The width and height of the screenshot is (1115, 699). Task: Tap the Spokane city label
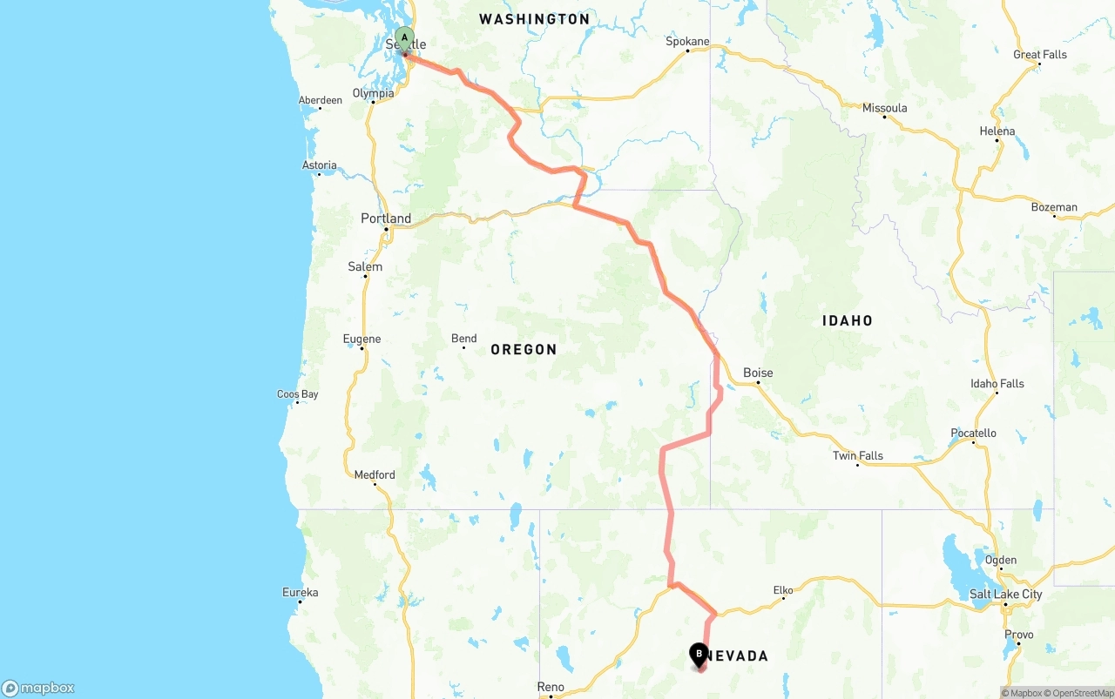687,41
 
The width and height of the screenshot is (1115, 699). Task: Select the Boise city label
758,373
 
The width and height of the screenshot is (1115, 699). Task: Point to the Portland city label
386,218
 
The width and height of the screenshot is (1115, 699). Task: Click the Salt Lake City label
1005,595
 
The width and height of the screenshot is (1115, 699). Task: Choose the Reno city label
551,687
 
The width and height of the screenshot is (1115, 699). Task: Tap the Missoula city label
884,108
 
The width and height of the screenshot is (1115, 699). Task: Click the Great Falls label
1039,54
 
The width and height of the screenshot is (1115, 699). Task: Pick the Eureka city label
300,593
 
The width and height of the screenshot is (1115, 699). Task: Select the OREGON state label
524,349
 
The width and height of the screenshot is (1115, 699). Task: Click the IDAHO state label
847,320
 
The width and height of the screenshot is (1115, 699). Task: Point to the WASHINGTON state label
534,18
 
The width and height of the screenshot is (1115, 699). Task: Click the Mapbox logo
38,688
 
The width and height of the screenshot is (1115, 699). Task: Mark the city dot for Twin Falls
858,465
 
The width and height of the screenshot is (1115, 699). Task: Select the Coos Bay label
298,394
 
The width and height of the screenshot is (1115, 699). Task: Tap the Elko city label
783,590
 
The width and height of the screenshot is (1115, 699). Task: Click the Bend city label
463,339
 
